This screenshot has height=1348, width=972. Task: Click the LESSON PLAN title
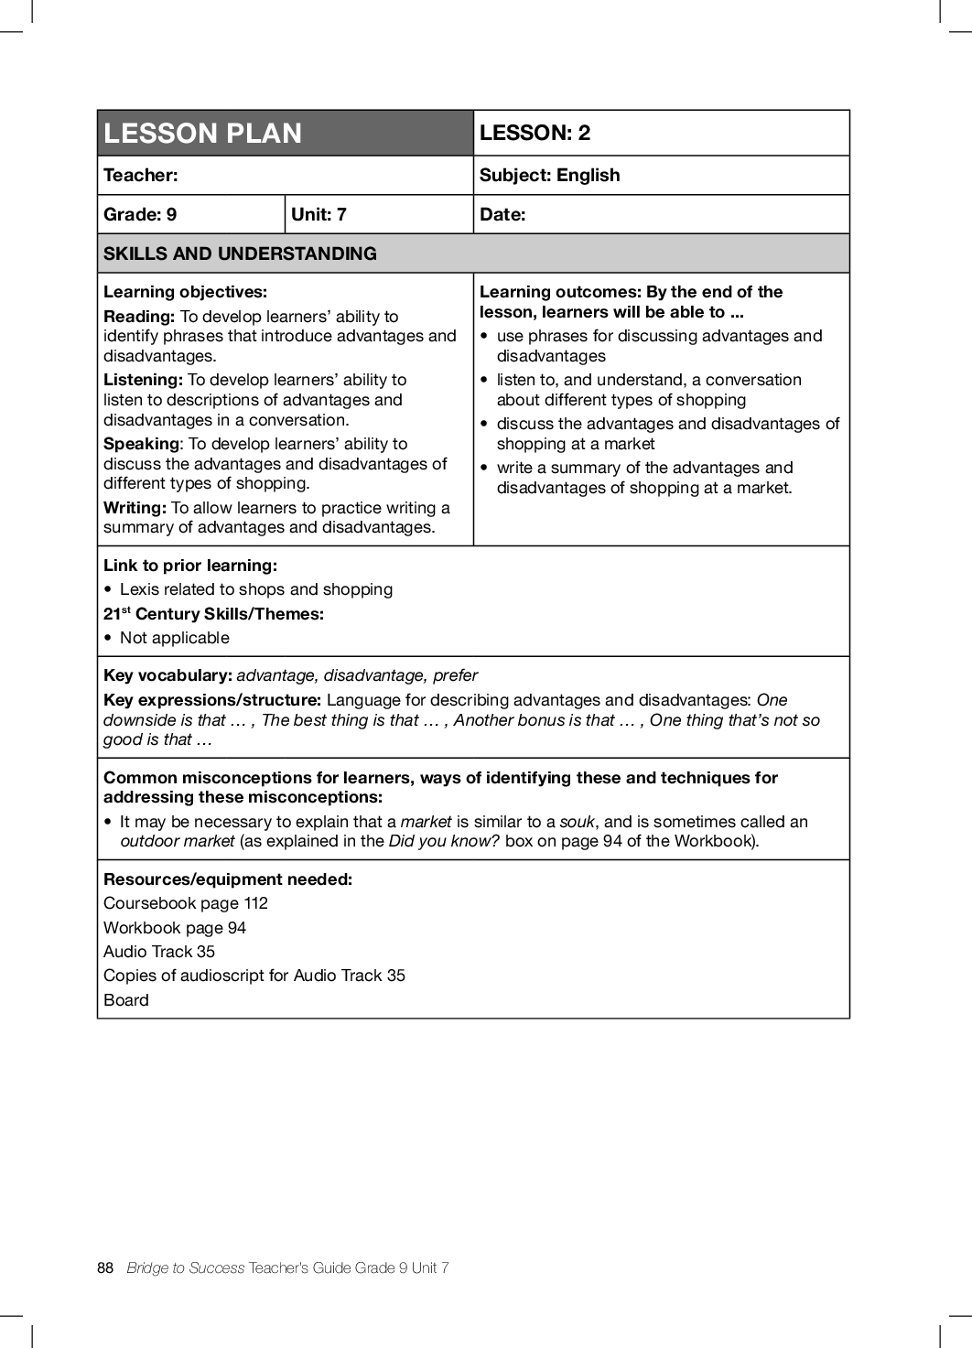click(x=202, y=134)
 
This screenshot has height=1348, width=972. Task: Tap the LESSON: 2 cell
click(x=535, y=133)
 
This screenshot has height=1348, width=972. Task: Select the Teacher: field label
click(x=141, y=175)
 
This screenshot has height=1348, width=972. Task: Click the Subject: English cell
click(x=549, y=175)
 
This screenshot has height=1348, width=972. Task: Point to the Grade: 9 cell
click(x=140, y=214)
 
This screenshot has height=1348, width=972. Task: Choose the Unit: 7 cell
click(x=319, y=214)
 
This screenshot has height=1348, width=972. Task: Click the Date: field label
click(x=502, y=214)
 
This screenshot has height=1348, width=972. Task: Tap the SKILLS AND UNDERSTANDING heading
click(x=240, y=253)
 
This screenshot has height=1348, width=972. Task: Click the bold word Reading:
click(x=139, y=317)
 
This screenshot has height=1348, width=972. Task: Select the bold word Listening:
click(x=144, y=380)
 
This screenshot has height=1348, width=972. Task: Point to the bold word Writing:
click(x=135, y=508)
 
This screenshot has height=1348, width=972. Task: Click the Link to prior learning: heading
click(x=190, y=566)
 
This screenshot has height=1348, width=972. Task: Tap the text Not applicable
click(x=175, y=638)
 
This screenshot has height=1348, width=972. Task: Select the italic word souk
click(x=577, y=822)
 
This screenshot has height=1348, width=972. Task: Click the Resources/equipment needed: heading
click(x=228, y=879)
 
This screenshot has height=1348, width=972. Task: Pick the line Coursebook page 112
click(x=186, y=903)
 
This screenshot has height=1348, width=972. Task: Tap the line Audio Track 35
click(x=159, y=952)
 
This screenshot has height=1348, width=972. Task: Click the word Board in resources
click(x=126, y=1000)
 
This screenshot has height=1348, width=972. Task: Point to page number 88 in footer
click(x=105, y=1267)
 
